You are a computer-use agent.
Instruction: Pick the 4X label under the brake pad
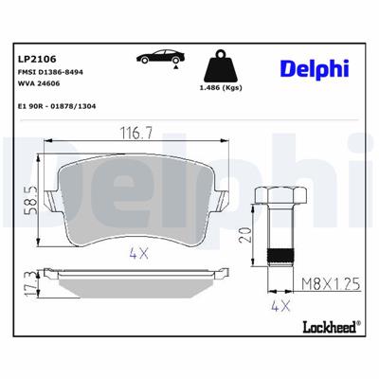click(138, 254)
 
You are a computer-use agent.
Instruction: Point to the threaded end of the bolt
click(280, 254)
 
